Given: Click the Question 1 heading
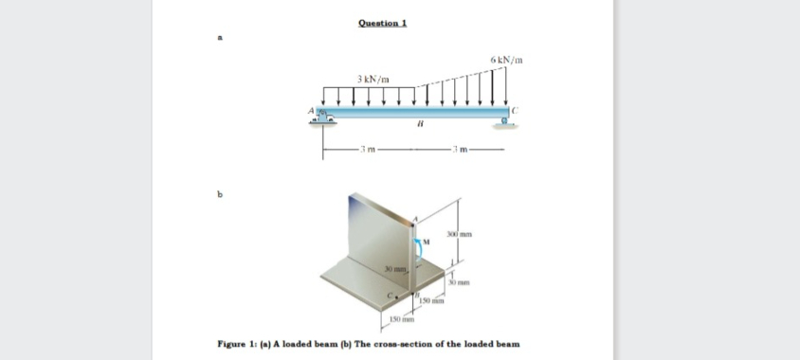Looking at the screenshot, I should pyautogui.click(x=383, y=23).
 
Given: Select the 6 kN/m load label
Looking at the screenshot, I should pyautogui.click(x=507, y=61).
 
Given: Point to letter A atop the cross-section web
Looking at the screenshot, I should pyautogui.click(x=413, y=219).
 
